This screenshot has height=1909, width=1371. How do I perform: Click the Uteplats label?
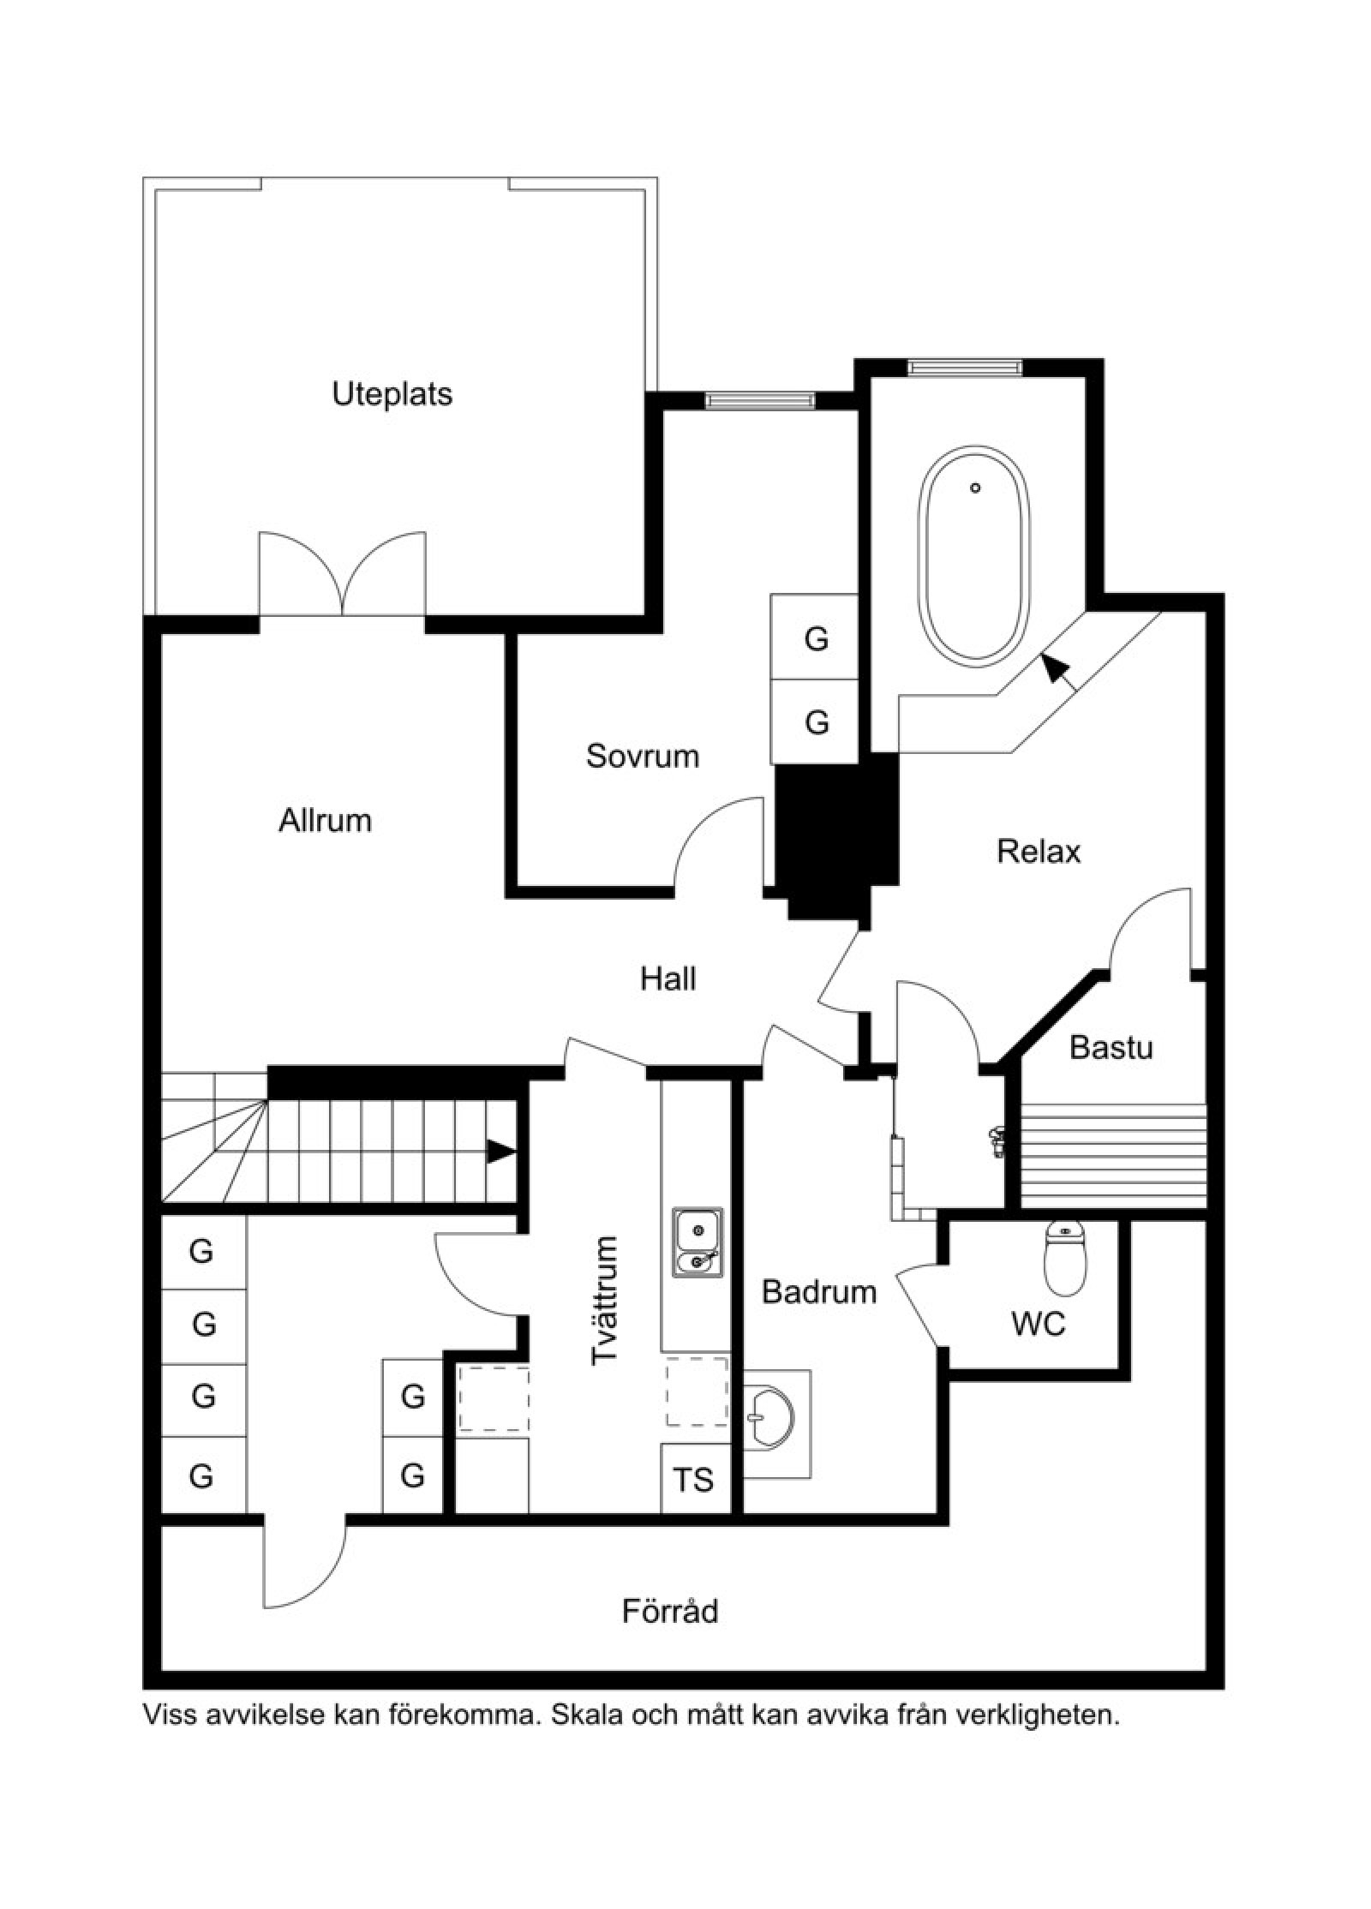[x=392, y=394]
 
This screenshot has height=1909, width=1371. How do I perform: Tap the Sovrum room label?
[x=642, y=756]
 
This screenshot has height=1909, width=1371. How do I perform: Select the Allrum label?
[x=325, y=820]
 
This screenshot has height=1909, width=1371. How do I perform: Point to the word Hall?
[x=668, y=978]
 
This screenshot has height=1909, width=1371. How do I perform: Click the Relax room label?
[x=1039, y=851]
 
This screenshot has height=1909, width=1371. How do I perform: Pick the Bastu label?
[x=1111, y=1047]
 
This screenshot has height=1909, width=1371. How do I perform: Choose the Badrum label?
[x=819, y=1291]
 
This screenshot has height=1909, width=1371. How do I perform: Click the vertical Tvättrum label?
[x=605, y=1301]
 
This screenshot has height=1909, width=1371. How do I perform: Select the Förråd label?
[x=670, y=1611]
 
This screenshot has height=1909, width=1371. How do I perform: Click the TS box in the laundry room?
[x=695, y=1480]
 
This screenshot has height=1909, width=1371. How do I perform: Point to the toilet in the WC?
[x=1065, y=1259]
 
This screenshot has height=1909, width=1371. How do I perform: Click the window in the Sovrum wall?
[x=760, y=399]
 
